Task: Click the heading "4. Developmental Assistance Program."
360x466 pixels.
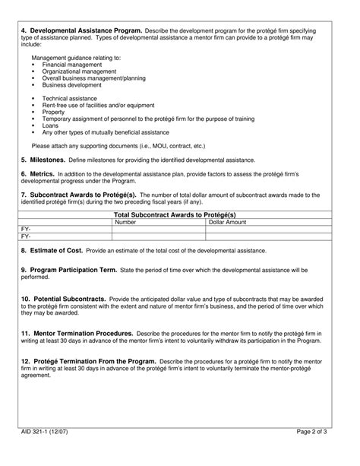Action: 71,30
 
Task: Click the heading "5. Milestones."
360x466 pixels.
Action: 43,160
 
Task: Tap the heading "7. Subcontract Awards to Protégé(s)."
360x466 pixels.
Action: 78,195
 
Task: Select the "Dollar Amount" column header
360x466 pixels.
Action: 227,222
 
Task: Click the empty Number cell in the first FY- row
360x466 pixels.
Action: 158,229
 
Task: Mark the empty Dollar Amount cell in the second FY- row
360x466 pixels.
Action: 272,236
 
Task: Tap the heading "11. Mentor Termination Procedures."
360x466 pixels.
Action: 77,333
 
